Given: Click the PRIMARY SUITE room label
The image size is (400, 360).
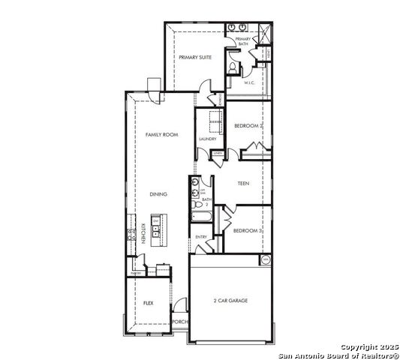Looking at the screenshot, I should pos(194,57).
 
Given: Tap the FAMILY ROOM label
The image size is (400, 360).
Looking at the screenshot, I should pos(161,134).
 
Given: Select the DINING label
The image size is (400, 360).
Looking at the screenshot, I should pos(158,194).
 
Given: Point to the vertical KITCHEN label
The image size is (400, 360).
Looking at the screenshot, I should pos(143,233).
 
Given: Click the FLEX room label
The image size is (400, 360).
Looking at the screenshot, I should pos(149,303).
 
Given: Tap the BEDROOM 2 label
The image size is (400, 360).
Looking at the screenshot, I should pos(248,126).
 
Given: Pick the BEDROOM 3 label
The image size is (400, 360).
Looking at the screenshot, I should pos(247,231).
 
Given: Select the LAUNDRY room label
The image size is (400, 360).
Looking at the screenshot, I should pos(208,139).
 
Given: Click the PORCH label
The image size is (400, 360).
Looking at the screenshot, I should pos(179,322).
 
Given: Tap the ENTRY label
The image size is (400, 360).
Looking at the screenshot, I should pos(201,237).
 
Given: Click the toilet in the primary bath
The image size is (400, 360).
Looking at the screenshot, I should pos(233,68).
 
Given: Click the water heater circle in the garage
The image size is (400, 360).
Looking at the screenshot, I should pos(265,260).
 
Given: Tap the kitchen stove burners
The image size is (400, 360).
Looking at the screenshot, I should pos(133,233).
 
